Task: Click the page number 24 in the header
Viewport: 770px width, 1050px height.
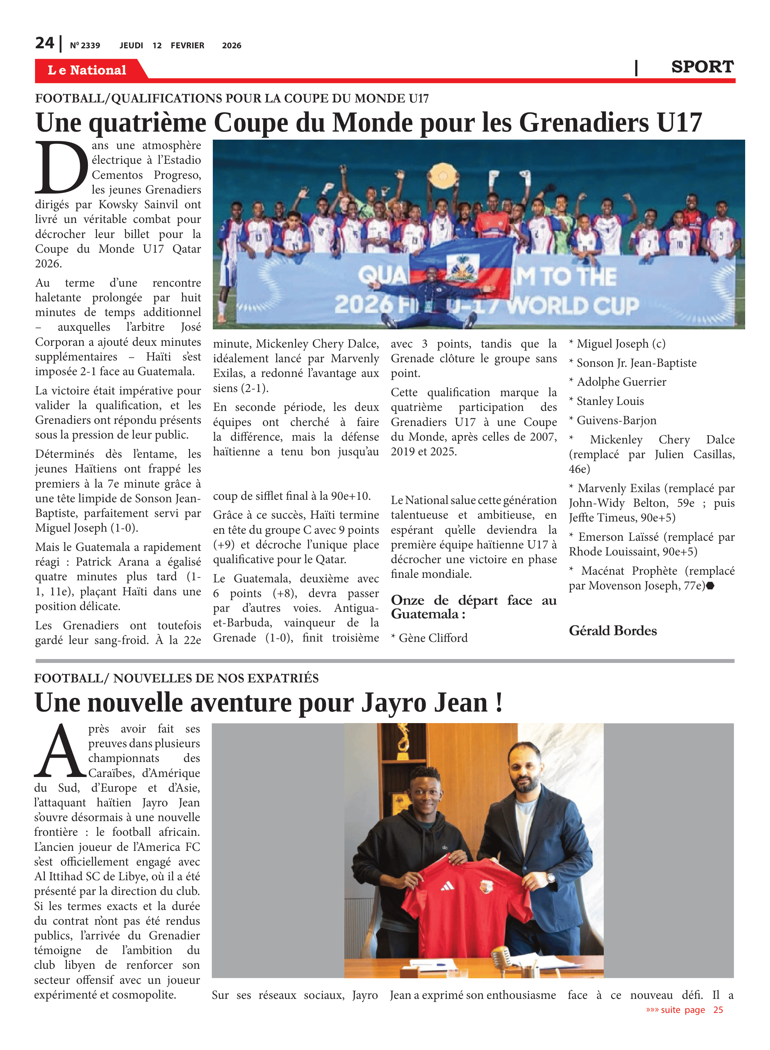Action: pos(45,43)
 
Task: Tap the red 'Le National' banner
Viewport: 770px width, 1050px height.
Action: pos(87,70)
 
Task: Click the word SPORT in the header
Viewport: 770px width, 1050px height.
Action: pos(702,67)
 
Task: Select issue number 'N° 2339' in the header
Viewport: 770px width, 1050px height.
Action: pos(85,45)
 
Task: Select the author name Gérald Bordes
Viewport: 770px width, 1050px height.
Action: pos(612,631)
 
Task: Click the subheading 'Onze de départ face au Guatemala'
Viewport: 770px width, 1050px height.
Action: pos(474,607)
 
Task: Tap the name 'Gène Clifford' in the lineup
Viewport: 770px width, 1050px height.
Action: pos(433,638)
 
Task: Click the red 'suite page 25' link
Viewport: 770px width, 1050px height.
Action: pos(684,1009)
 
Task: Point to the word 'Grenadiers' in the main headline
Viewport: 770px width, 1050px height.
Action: pos(584,122)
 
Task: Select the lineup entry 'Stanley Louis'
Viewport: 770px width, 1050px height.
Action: pos(610,401)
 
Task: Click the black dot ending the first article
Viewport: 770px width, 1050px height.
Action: pos(710,586)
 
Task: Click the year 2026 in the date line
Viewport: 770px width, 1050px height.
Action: pos(231,45)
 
